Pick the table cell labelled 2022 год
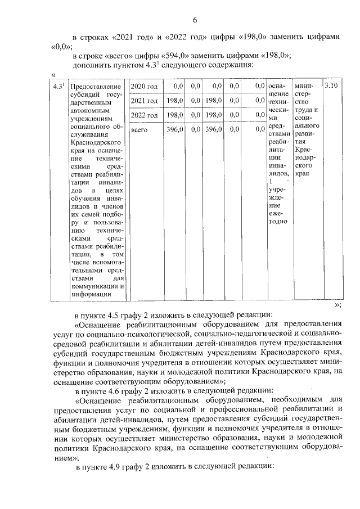click(x=144, y=115)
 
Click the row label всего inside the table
click(x=139, y=129)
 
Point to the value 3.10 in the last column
click(x=331, y=86)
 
